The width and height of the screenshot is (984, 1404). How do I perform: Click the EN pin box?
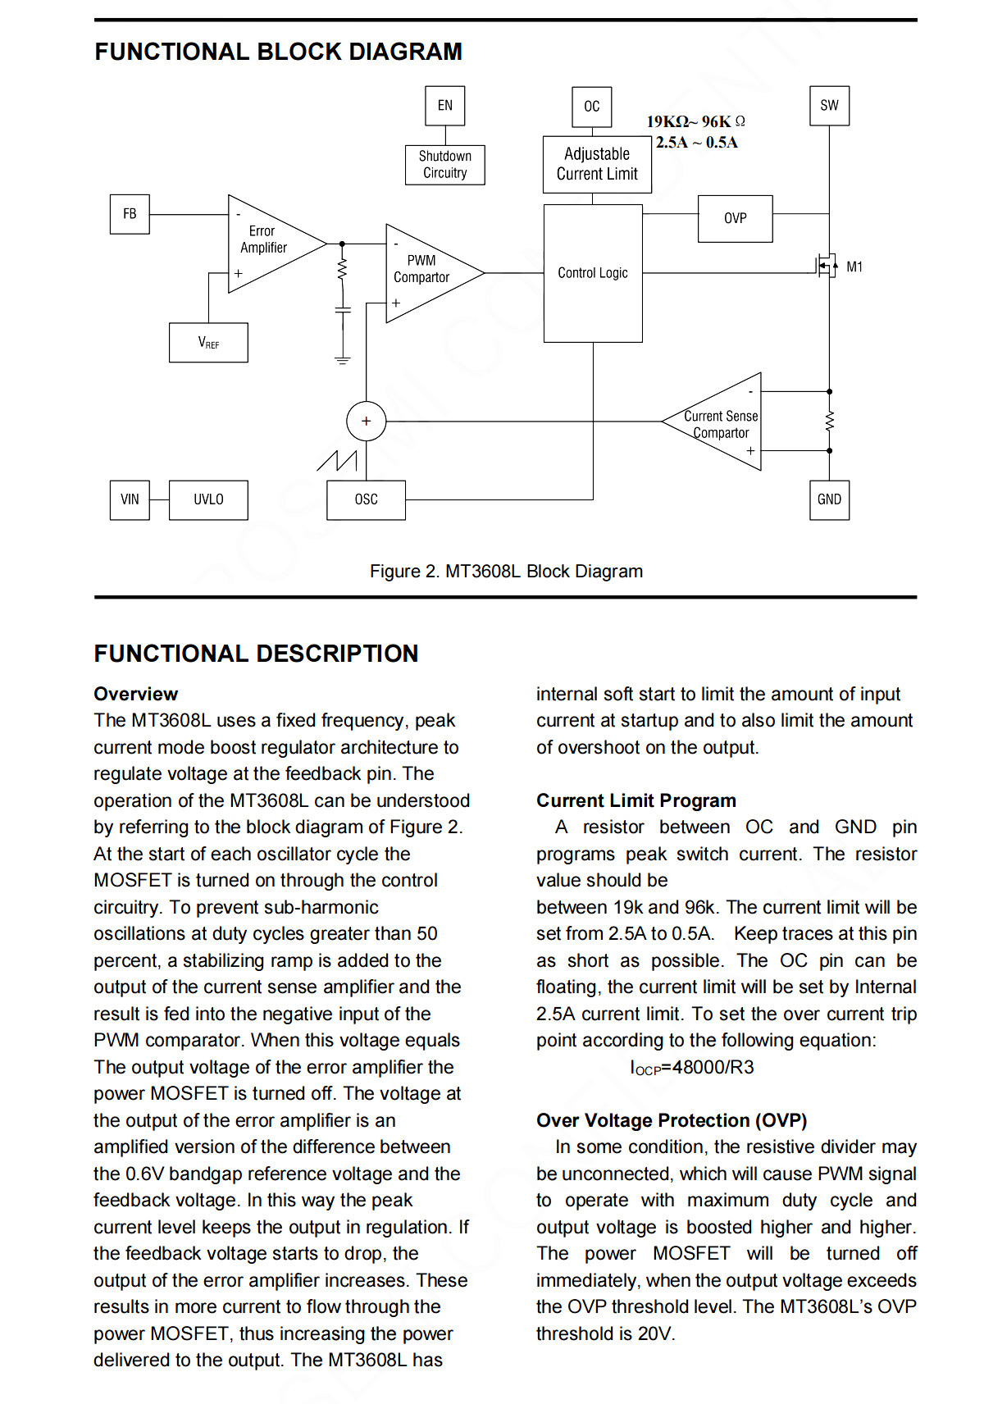pyautogui.click(x=445, y=106)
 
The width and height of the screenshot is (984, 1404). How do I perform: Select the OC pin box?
pyautogui.click(x=592, y=107)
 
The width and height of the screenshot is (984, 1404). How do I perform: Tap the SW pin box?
pyautogui.click(x=829, y=106)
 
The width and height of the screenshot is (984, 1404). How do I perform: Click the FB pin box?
pyautogui.click(x=130, y=214)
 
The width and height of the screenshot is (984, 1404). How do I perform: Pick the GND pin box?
pyautogui.click(x=829, y=500)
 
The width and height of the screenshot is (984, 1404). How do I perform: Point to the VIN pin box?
pyautogui.click(x=130, y=500)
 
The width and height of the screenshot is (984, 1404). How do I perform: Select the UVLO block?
pyautogui.click(x=209, y=500)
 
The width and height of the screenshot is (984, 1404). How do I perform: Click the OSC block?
pyautogui.click(x=366, y=500)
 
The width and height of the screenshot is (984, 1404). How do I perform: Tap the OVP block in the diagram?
pyautogui.click(x=736, y=219)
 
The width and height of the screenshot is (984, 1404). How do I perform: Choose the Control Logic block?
pyautogui.click(x=593, y=273)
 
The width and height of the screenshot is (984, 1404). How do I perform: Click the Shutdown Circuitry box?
pyautogui.click(x=445, y=165)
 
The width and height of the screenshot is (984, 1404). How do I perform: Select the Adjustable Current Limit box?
pyautogui.click(x=597, y=164)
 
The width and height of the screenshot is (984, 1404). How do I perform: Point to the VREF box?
pyautogui.click(x=209, y=343)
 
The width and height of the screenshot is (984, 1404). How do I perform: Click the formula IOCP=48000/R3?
pyautogui.click(x=692, y=1068)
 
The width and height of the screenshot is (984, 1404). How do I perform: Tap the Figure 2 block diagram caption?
pyautogui.click(x=507, y=572)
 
